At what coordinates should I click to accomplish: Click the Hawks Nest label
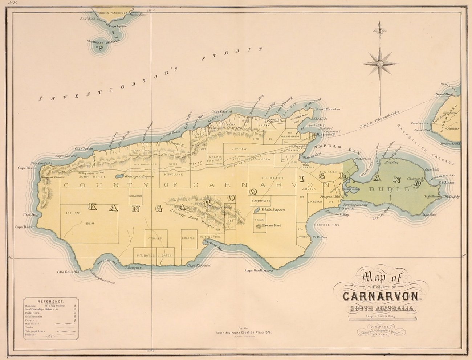coord(274,225)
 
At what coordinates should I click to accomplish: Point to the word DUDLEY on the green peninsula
coord(394,189)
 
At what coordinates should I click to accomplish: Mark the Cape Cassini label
coord(220,112)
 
